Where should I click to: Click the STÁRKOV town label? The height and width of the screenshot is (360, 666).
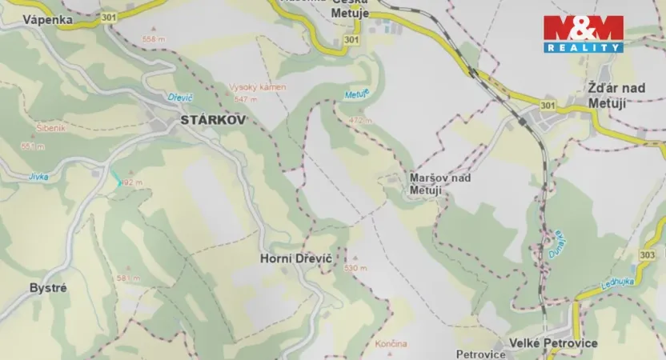(x=203, y=120)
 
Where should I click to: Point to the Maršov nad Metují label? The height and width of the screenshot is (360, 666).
(x=439, y=183)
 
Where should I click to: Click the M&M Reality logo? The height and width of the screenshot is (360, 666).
(x=583, y=34)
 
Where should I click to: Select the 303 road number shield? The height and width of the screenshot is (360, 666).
(x=648, y=253)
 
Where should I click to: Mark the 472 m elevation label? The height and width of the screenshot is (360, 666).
(x=361, y=120)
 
